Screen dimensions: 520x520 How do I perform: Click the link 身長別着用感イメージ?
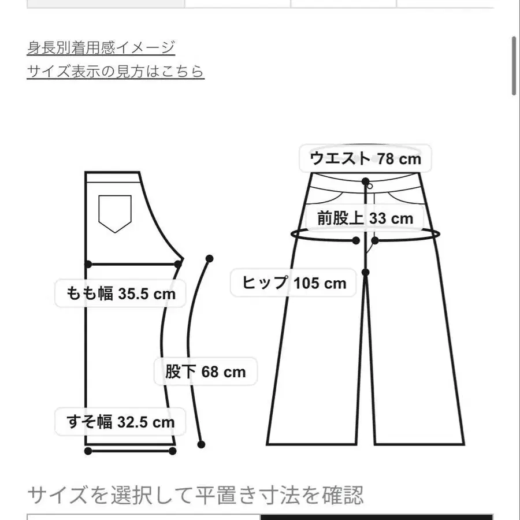pyautogui.click(x=101, y=47)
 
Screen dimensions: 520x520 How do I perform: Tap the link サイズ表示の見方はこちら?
pyautogui.click(x=116, y=71)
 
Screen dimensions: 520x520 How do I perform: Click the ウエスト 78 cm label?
pyautogui.click(x=365, y=158)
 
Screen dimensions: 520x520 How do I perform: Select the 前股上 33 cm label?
pyautogui.click(x=365, y=218)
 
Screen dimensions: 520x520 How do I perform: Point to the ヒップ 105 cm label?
pyautogui.click(x=294, y=283)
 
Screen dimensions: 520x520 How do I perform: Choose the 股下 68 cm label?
pyautogui.click(x=205, y=372)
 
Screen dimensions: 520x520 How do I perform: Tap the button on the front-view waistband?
pyautogui.click(x=368, y=186)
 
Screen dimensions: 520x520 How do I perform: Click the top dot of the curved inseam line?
pyautogui.click(x=209, y=258)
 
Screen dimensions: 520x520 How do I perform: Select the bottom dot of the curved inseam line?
pyautogui.click(x=202, y=444)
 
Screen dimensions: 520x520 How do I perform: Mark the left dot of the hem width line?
pyautogui.click(x=88, y=451)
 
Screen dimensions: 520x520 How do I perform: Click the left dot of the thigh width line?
pyautogui.click(x=88, y=264)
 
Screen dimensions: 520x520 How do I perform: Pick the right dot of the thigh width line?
pyautogui.click(x=178, y=264)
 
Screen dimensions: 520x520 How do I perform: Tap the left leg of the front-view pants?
pyautogui.click(x=315, y=358)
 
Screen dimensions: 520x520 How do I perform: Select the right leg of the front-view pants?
pyautogui.click(x=416, y=358)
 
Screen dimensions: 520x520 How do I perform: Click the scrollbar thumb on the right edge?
pyautogui.click(x=514, y=66)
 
